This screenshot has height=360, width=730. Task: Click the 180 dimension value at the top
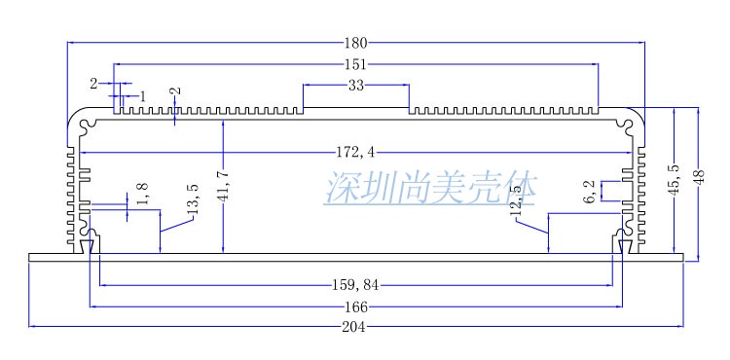click(x=355, y=43)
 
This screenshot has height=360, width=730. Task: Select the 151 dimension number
click(x=355, y=64)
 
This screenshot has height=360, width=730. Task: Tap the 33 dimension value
click(x=355, y=86)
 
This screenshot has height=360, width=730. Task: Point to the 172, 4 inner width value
click(x=355, y=153)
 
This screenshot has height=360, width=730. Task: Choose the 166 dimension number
click(x=356, y=307)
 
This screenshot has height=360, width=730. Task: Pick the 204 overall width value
click(x=354, y=327)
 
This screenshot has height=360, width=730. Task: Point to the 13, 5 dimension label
click(x=194, y=198)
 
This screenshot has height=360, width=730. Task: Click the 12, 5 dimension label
click(x=517, y=201)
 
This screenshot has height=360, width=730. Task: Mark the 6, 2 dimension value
click(x=590, y=192)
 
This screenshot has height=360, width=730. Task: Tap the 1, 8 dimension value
click(x=143, y=194)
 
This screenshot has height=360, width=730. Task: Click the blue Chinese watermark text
click(x=430, y=189)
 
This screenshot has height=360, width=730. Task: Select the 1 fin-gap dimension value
click(x=142, y=96)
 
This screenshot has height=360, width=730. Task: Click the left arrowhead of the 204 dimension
click(x=32, y=327)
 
